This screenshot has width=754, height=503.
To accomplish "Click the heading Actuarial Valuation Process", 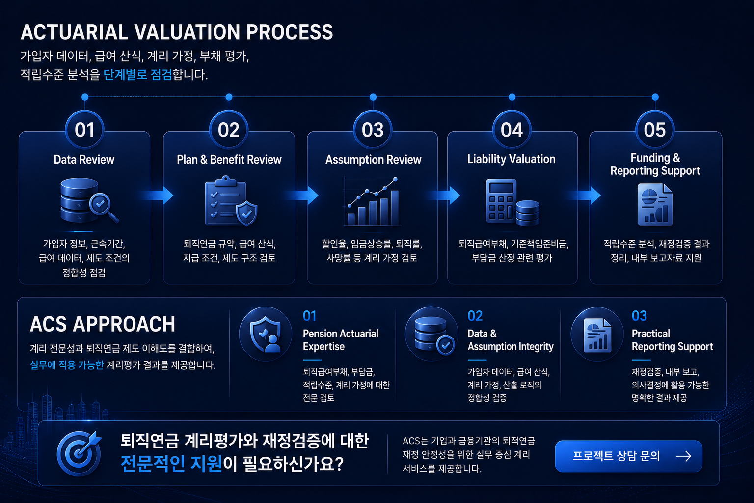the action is pyautogui.click(x=177, y=32).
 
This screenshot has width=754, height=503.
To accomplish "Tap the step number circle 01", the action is pyautogui.click(x=84, y=130).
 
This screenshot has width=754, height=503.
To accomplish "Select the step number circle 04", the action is pyautogui.click(x=512, y=130).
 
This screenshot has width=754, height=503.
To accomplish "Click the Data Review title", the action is pyautogui.click(x=84, y=159).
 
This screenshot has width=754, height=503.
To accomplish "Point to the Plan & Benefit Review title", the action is pyautogui.click(x=229, y=159).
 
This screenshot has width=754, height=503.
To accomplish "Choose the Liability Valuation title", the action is pyautogui.click(x=512, y=159).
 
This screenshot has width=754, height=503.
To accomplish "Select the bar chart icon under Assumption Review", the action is pyautogui.click(x=372, y=202).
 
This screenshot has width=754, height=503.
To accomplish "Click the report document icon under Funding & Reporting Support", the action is pyautogui.click(x=655, y=204).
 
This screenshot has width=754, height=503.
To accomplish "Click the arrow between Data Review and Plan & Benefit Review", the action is pyautogui.click(x=158, y=195).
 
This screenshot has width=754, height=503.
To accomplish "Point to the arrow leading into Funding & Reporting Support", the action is pyautogui.click(x=585, y=195).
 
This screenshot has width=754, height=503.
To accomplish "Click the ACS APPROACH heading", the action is pyautogui.click(x=103, y=324).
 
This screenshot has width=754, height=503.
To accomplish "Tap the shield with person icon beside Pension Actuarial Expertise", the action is pyautogui.click(x=266, y=334).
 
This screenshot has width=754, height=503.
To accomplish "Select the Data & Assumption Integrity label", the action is pyautogui.click(x=511, y=340).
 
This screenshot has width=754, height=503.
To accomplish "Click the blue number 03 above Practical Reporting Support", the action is pyautogui.click(x=639, y=316).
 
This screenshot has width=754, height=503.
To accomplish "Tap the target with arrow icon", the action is pyautogui.click(x=80, y=453).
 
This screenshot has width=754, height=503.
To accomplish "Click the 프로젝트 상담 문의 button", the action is pyautogui.click(x=628, y=456).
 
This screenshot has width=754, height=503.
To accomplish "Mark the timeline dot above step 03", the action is pyautogui.click(x=373, y=97).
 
